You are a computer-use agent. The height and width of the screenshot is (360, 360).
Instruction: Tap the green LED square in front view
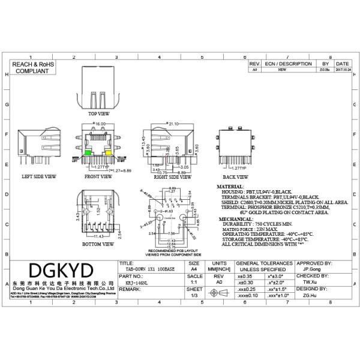88,154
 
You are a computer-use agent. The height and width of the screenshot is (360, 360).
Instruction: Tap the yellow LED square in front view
109,154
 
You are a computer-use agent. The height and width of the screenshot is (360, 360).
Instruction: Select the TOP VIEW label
98,113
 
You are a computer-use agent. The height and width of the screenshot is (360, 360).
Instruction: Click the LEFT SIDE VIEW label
39,177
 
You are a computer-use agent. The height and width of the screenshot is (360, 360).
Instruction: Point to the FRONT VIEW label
98,177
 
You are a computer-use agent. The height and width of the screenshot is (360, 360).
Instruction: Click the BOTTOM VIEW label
98,244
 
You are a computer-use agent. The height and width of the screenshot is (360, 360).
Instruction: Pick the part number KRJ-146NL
136,280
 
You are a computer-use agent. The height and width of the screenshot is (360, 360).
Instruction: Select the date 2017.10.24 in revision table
343,70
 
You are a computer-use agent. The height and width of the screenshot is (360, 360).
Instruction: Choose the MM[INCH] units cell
220,271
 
